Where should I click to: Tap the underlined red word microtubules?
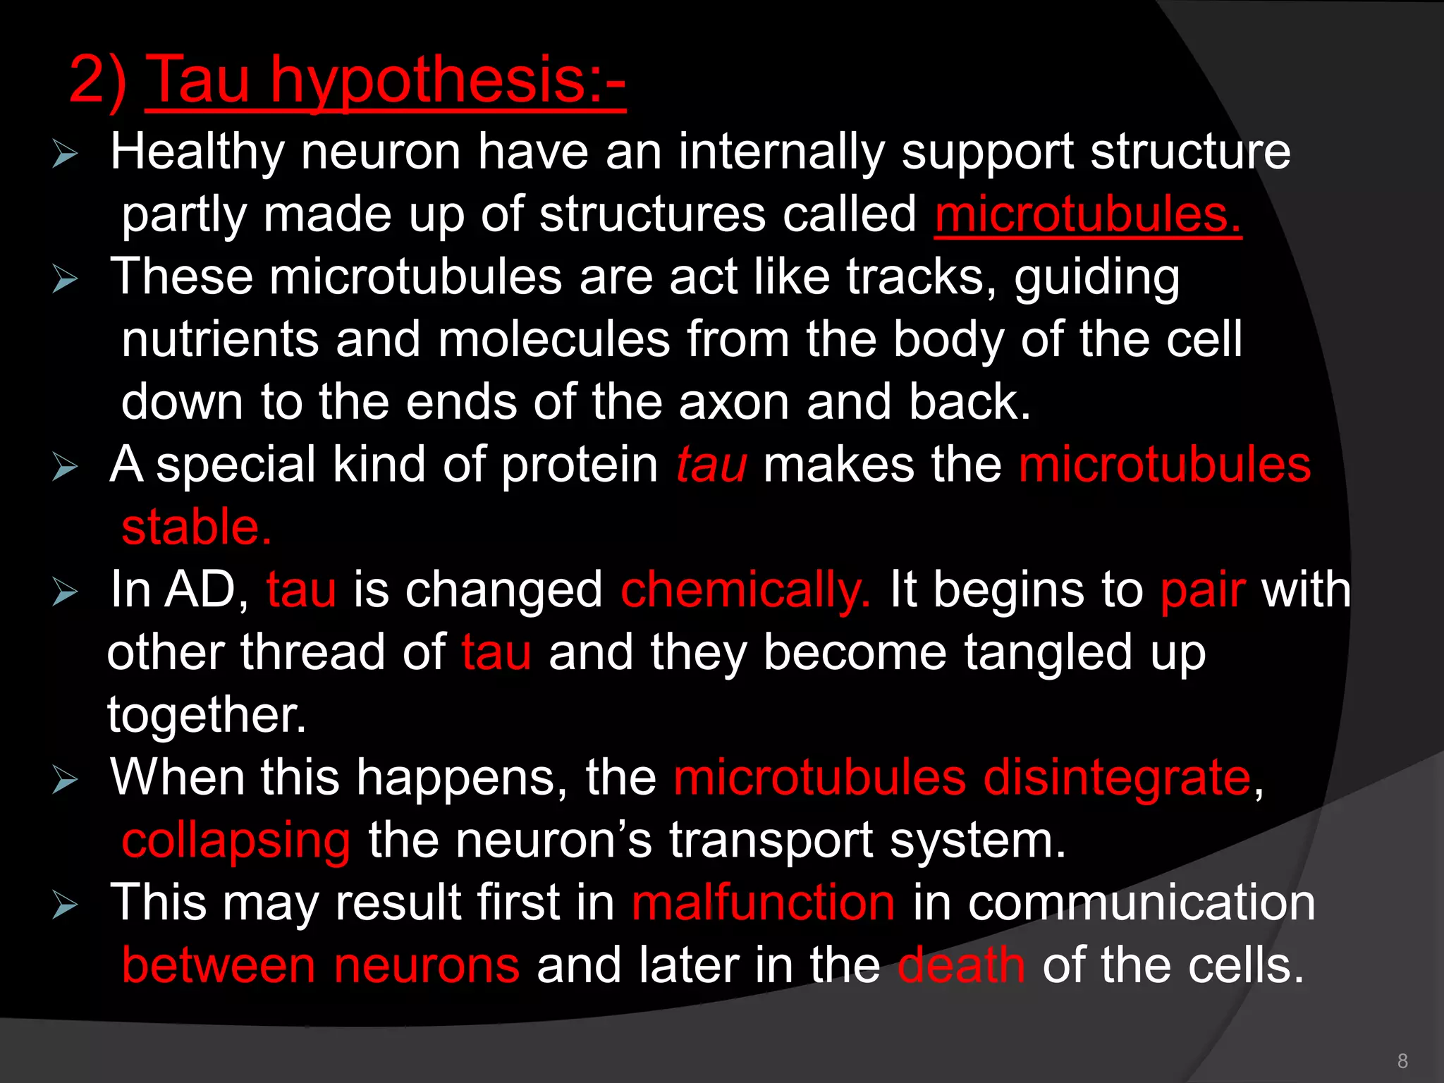pyautogui.click(x=1087, y=214)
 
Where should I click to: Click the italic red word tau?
pyautogui.click(x=711, y=465)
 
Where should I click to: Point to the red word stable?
pyautogui.click(x=196, y=527)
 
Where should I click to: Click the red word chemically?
pyautogui.click(x=745, y=590)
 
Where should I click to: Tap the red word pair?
pyautogui.click(x=1203, y=590)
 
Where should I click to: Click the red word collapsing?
pyautogui.click(x=235, y=840)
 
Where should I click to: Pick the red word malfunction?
pyautogui.click(x=763, y=903)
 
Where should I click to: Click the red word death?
pyautogui.click(x=961, y=965)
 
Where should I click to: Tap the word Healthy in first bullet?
pyautogui.click(x=197, y=152)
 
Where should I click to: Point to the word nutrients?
pyautogui.click(x=220, y=340)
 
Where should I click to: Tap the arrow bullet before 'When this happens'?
pyautogui.click(x=65, y=780)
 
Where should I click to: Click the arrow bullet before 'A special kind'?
pyautogui.click(x=65, y=467)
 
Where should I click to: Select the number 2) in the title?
pyautogui.click(x=98, y=81)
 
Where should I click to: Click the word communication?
pyautogui.click(x=1141, y=903)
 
